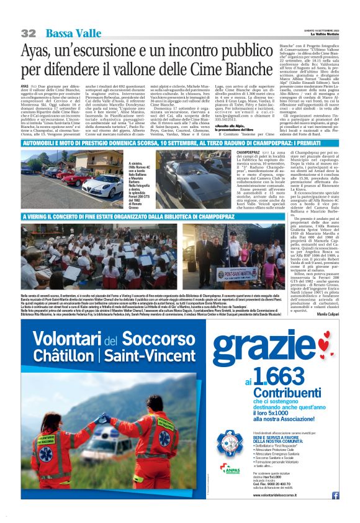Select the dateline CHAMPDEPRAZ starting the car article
point(250,152)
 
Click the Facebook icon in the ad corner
point(335,495)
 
